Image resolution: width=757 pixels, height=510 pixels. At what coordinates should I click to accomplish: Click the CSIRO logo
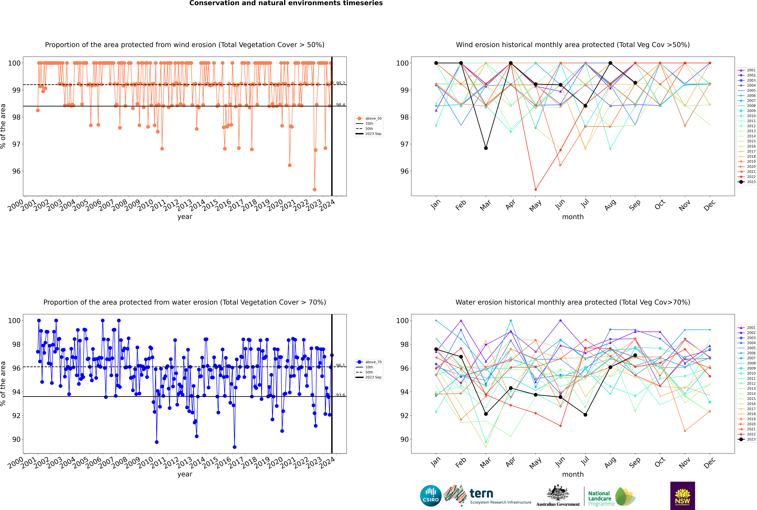click(x=431, y=496)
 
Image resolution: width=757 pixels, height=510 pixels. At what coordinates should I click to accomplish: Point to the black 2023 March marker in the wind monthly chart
click(x=486, y=148)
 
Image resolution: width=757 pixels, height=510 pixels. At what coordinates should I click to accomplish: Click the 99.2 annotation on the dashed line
click(x=340, y=83)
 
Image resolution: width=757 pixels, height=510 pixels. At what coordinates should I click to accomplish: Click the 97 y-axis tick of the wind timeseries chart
click(x=16, y=144)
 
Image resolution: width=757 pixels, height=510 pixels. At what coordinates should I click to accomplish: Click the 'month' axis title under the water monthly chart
click(x=573, y=474)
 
